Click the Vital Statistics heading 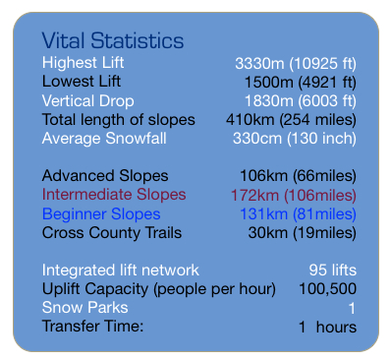pyautogui.click(x=112, y=41)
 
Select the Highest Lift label pyautogui.click(x=83, y=63)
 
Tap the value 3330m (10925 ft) pyautogui.click(x=295, y=63)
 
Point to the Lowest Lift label pyautogui.click(x=82, y=82)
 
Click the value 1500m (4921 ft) pyautogui.click(x=300, y=82)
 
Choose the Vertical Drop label pyautogui.click(x=87, y=100)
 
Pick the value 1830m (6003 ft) pyautogui.click(x=300, y=100)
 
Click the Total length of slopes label pyautogui.click(x=118, y=119)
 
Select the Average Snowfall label pyautogui.click(x=104, y=138)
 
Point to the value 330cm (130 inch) pyautogui.click(x=294, y=138)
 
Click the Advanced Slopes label pyautogui.click(x=104, y=176)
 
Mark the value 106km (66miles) pyautogui.click(x=298, y=176)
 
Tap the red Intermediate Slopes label pyautogui.click(x=114, y=195)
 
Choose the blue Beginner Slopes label pyautogui.click(x=101, y=213)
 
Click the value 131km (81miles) pyautogui.click(x=298, y=213)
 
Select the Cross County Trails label pyautogui.click(x=111, y=232)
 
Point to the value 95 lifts pyautogui.click(x=332, y=270)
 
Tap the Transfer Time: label pyautogui.click(x=92, y=326)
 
